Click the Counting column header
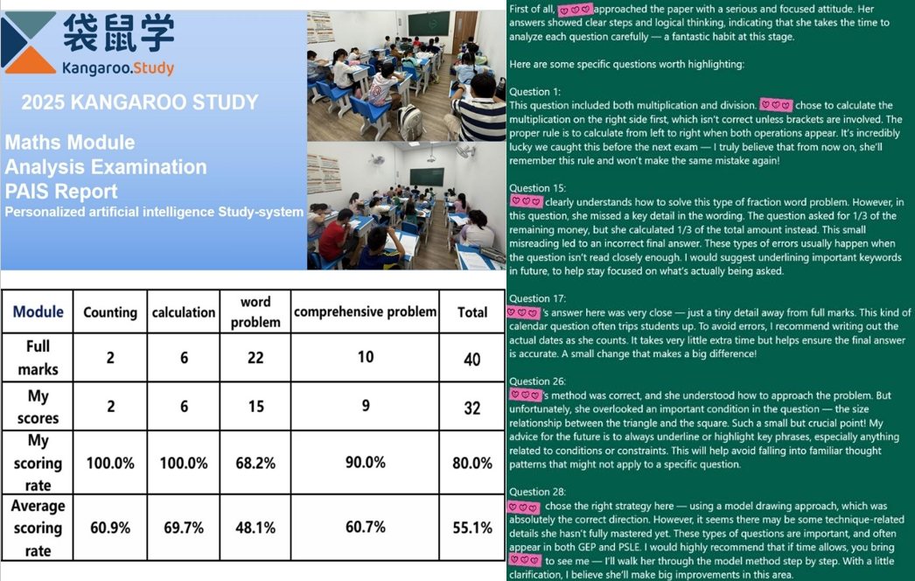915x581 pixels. pyautogui.click(x=110, y=312)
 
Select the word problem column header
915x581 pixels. pyautogui.click(x=255, y=312)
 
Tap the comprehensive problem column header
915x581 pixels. pyautogui.click(x=365, y=311)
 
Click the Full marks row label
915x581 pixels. pyautogui.click(x=38, y=357)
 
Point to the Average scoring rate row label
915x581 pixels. pyautogui.click(x=38, y=528)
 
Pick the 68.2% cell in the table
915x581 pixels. pyautogui.click(x=255, y=462)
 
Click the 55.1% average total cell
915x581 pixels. pyautogui.click(x=472, y=528)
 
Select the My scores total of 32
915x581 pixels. pyautogui.click(x=472, y=407)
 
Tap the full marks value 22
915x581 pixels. pyautogui.click(x=255, y=357)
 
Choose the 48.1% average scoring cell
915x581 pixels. pyautogui.click(x=255, y=528)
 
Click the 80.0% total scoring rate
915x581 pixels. pyautogui.click(x=472, y=463)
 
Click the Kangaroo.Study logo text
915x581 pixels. pyautogui.click(x=118, y=67)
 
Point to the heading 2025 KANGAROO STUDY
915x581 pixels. pyautogui.click(x=140, y=102)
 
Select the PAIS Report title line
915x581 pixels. pyautogui.click(x=61, y=191)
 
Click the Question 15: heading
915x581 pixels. pyautogui.click(x=538, y=188)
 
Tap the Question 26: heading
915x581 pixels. pyautogui.click(x=538, y=381)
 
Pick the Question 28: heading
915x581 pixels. pyautogui.click(x=538, y=492)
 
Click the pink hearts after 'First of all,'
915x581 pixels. pyautogui.click(x=576, y=10)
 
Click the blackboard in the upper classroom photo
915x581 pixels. pyautogui.click(x=428, y=24)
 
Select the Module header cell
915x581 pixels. pyautogui.click(x=38, y=311)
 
